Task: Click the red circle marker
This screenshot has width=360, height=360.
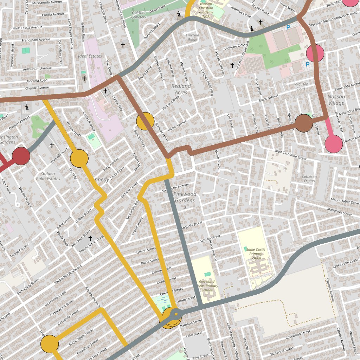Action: coord(21,156)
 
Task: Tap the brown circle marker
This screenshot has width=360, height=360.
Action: coord(304,123)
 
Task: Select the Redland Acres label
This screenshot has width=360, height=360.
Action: coord(181,89)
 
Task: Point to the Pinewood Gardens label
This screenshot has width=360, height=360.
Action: coord(185,197)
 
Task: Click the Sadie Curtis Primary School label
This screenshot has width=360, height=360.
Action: coord(256,253)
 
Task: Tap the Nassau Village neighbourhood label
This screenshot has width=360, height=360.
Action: coord(336,99)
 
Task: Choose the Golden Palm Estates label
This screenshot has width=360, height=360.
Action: coord(48,176)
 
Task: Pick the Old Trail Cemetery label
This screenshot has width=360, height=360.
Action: coord(139,15)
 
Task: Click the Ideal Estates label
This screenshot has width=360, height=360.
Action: coord(90,56)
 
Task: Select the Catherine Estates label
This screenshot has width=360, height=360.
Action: coord(309,179)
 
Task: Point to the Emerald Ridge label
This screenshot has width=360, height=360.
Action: coord(192,37)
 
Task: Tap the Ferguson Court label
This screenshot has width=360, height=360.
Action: coord(301,86)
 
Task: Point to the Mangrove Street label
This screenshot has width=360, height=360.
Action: coord(339,211)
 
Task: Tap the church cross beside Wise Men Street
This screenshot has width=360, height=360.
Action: coord(90,238)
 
